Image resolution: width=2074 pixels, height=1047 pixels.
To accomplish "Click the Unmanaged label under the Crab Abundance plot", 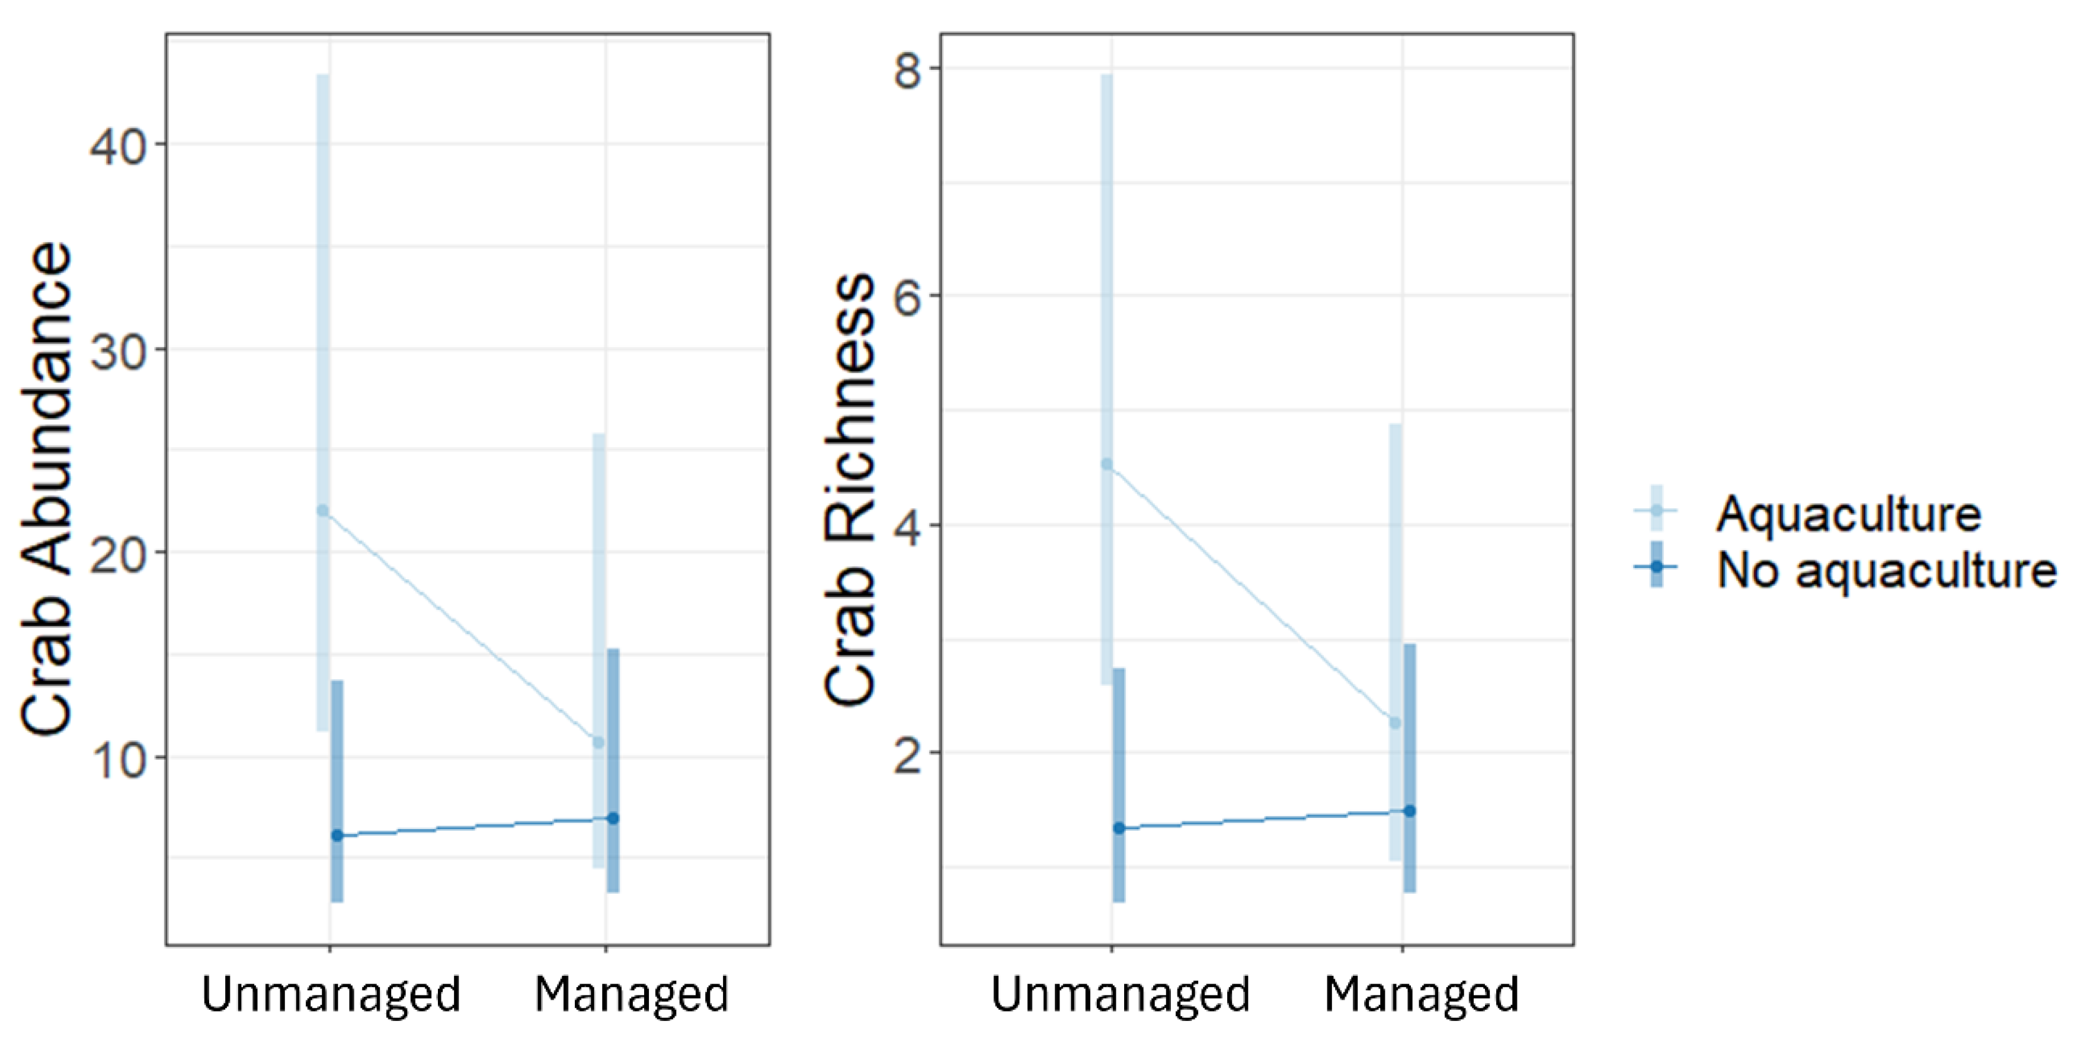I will tap(330, 995).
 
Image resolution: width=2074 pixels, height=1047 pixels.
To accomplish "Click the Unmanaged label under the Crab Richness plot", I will tap(1119, 995).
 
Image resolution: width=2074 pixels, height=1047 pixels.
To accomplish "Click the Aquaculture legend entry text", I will tap(1848, 513).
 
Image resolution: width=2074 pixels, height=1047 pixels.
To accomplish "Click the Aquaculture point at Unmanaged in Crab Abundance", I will tap(323, 510).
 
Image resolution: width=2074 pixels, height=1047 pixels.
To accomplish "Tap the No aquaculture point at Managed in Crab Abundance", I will tap(613, 818).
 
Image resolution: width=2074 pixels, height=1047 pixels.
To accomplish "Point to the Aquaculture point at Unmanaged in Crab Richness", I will tap(1107, 464).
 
